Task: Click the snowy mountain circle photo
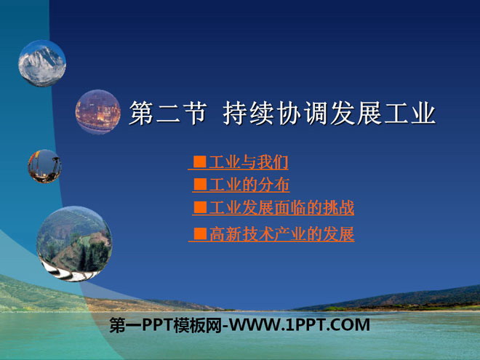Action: click(42, 63)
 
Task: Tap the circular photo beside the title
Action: click(98, 112)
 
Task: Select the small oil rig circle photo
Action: click(44, 166)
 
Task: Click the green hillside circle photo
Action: click(74, 242)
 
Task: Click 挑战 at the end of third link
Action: click(339, 208)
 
